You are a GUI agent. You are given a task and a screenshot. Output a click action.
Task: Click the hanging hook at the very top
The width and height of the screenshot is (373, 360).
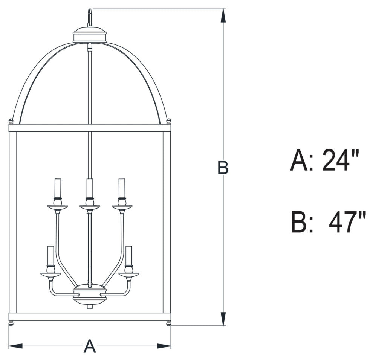(90, 17)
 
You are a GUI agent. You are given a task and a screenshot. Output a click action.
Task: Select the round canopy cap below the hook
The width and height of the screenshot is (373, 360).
(90, 35)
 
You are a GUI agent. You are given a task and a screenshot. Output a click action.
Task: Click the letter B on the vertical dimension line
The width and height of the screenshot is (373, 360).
(223, 168)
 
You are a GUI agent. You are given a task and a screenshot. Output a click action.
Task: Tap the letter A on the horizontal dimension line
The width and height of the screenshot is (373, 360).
(89, 346)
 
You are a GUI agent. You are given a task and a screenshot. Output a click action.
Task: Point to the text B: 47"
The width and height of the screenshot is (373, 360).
(328, 222)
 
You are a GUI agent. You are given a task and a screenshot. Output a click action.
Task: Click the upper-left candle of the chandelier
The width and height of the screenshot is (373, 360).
(57, 188)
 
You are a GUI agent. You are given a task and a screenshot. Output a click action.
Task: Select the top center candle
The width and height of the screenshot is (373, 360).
(90, 188)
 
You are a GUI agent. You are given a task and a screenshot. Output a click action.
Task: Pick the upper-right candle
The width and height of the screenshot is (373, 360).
(122, 188)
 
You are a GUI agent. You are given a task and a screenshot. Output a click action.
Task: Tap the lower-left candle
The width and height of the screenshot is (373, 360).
(50, 256)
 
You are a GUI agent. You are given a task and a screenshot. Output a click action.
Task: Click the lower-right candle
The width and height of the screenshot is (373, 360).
(129, 256)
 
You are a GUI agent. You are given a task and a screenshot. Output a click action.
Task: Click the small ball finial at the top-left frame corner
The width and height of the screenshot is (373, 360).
(11, 121)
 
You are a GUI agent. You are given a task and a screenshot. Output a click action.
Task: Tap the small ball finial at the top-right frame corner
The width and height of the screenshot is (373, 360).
(168, 121)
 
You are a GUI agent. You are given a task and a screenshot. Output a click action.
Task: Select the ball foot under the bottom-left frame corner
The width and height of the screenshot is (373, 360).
(11, 323)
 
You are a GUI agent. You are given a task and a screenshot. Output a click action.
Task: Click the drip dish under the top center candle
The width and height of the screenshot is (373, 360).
(90, 207)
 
